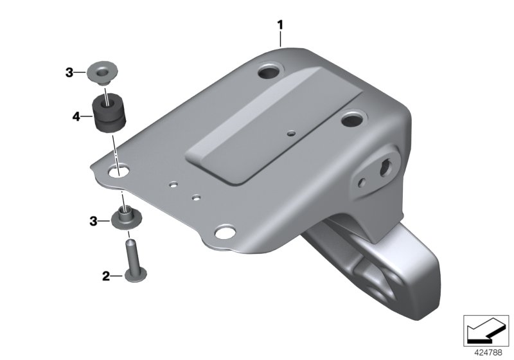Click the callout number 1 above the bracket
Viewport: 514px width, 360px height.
pos(280,25)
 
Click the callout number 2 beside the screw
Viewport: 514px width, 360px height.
pos(106,276)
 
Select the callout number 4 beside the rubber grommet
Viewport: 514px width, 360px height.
pos(76,116)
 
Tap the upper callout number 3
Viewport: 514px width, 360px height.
pos(69,73)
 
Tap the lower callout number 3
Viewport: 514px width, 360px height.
pos(93,221)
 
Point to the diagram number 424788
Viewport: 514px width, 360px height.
pos(488,352)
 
